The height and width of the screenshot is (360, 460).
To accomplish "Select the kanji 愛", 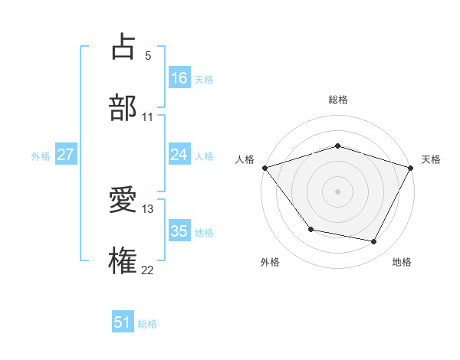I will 123,201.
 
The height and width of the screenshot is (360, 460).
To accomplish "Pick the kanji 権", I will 123,260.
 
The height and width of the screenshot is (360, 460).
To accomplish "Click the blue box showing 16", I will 179,77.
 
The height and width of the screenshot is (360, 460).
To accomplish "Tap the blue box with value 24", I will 179,155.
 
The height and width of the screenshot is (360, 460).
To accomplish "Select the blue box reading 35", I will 179,231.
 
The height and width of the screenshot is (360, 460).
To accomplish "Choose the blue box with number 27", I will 66,155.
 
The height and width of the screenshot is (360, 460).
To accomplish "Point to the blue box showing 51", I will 123,322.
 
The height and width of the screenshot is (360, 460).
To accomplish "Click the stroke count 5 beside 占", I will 147,56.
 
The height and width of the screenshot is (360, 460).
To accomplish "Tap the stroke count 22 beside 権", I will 147,270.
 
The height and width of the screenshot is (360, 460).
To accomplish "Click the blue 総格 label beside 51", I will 147,324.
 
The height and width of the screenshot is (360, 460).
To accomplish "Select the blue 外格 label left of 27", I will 41,155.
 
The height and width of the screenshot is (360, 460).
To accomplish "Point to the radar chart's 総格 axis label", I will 337,100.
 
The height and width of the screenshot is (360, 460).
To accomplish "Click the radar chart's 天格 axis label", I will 431,159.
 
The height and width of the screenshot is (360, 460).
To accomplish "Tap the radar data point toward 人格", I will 264,168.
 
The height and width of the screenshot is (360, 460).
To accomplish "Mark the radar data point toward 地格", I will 374,242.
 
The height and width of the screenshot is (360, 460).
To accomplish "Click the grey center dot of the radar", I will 337,191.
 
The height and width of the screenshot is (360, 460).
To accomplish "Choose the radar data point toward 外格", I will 310,229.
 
